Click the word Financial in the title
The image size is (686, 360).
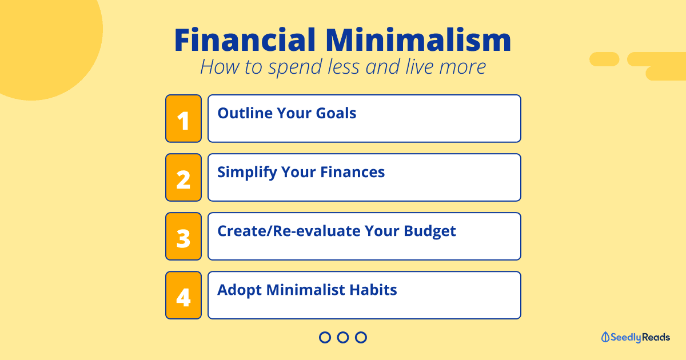[x=245, y=40]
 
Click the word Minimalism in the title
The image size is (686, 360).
[x=418, y=40]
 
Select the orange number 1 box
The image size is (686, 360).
[x=184, y=118]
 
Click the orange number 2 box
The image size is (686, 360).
[x=184, y=178]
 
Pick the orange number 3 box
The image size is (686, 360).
[x=184, y=237]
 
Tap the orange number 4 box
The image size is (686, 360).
[x=184, y=295]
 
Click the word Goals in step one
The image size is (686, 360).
[x=336, y=113]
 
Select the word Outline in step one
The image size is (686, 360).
[x=245, y=113]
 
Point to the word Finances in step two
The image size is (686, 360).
[x=353, y=172]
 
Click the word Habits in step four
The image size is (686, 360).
[x=373, y=290]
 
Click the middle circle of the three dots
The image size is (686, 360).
[x=343, y=331]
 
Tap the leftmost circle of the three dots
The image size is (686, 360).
[x=325, y=331]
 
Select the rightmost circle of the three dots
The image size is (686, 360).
[x=361, y=331]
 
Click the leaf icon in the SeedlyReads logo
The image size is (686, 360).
[x=605, y=337]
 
